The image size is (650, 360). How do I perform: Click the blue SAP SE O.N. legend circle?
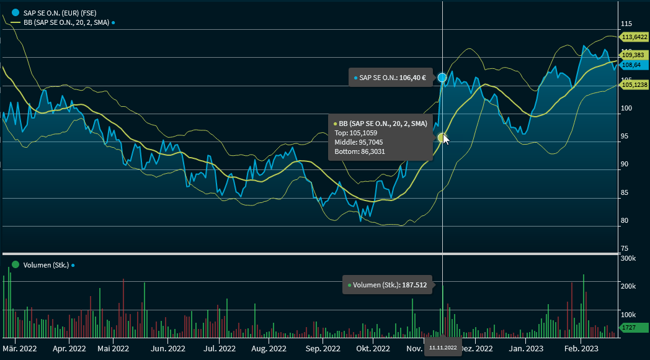tap(15, 12)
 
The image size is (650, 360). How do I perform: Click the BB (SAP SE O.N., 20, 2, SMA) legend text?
tap(66, 22)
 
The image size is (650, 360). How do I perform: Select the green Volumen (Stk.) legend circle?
tap(15, 265)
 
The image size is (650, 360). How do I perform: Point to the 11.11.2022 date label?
tap(442, 348)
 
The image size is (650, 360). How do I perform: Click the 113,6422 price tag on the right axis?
tap(634, 37)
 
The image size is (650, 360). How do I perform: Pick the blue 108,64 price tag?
tap(634, 65)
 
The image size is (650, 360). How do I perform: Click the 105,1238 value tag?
tap(634, 85)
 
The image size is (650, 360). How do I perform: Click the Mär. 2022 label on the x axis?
tap(17, 349)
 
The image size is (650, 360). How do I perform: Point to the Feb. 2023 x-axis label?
tap(581, 349)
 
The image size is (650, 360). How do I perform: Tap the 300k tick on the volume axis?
tap(628, 258)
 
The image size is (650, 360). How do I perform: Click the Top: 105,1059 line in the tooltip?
tap(356, 133)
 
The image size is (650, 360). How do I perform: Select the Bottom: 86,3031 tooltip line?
tap(360, 151)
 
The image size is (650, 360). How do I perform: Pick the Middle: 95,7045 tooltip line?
tap(358, 142)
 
